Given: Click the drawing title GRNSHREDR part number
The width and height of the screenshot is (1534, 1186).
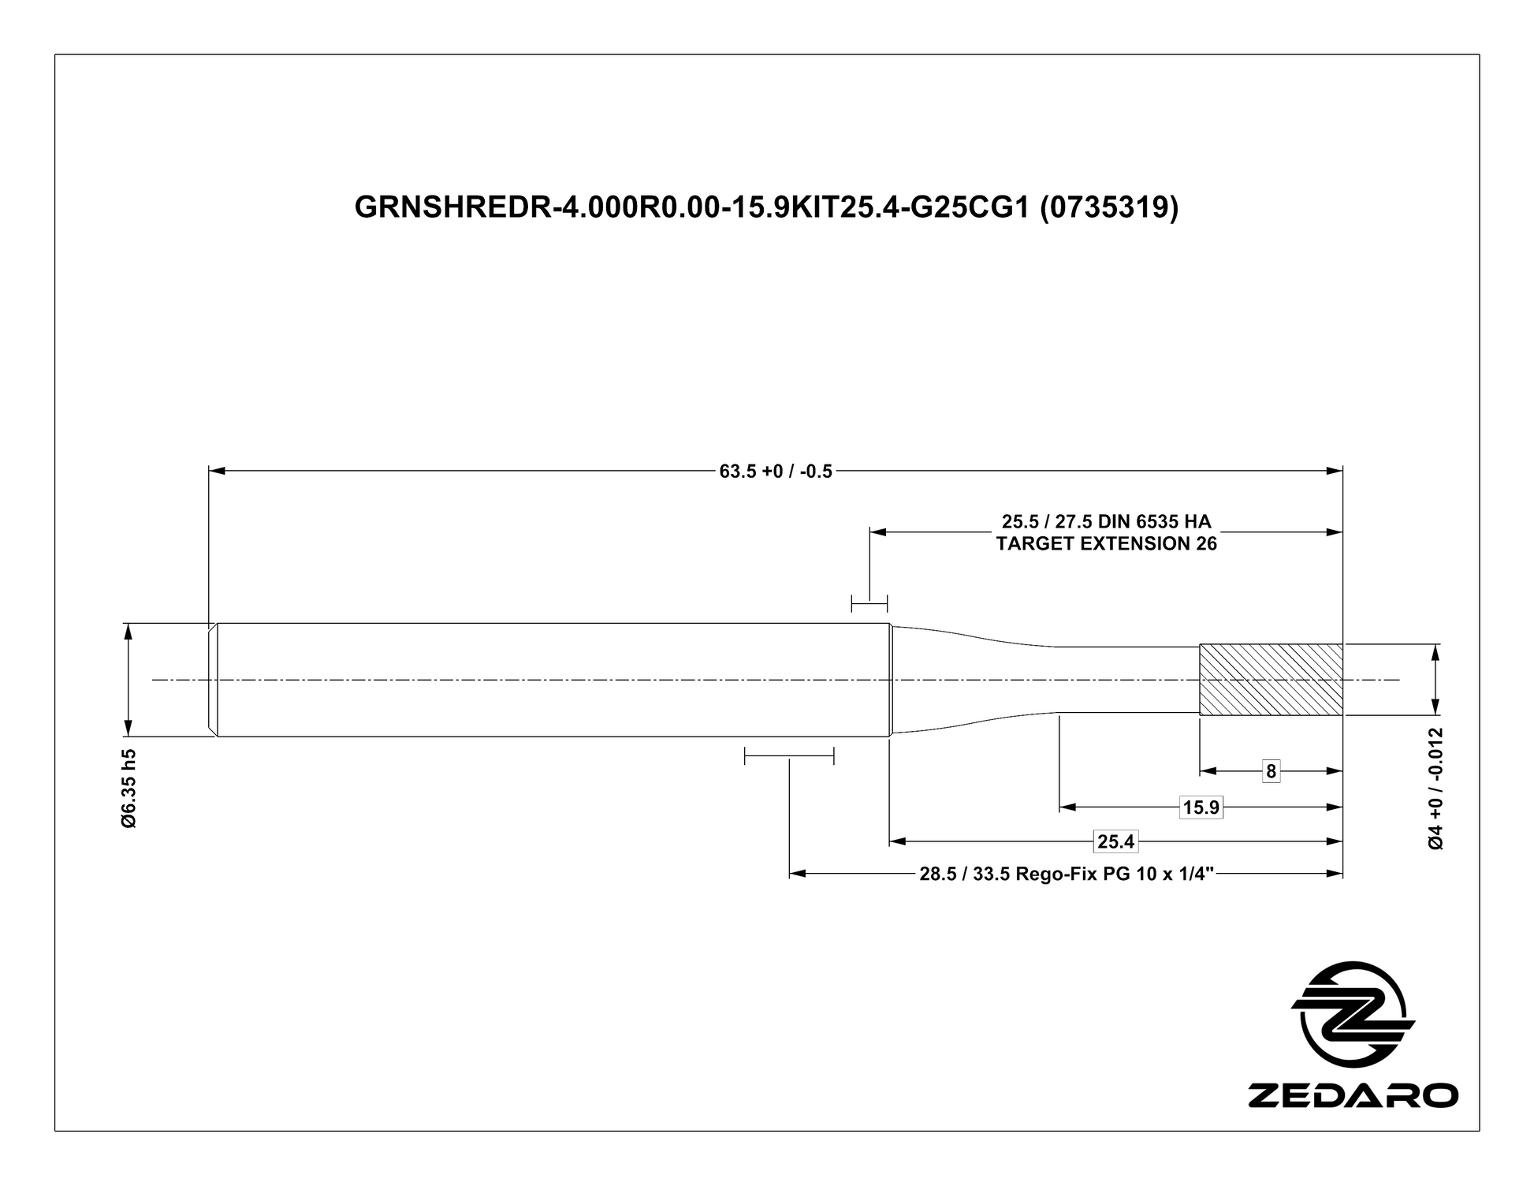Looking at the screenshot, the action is (x=766, y=207).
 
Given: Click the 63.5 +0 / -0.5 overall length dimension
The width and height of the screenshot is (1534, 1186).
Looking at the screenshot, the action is (x=776, y=472).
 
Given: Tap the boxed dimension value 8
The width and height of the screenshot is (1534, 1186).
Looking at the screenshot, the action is (x=1270, y=771).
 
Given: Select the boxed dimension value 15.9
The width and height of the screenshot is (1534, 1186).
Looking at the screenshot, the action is (x=1201, y=807).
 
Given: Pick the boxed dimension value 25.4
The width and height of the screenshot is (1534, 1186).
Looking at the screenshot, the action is (x=1115, y=842).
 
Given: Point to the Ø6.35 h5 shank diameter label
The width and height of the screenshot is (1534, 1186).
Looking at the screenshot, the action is (x=129, y=789).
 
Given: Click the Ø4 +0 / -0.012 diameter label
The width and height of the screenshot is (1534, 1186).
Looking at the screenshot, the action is (x=1436, y=788).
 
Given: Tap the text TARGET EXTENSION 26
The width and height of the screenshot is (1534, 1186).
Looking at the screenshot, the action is (x=1106, y=544).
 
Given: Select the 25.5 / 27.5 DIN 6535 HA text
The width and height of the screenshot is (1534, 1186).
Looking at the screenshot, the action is (x=1106, y=521).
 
